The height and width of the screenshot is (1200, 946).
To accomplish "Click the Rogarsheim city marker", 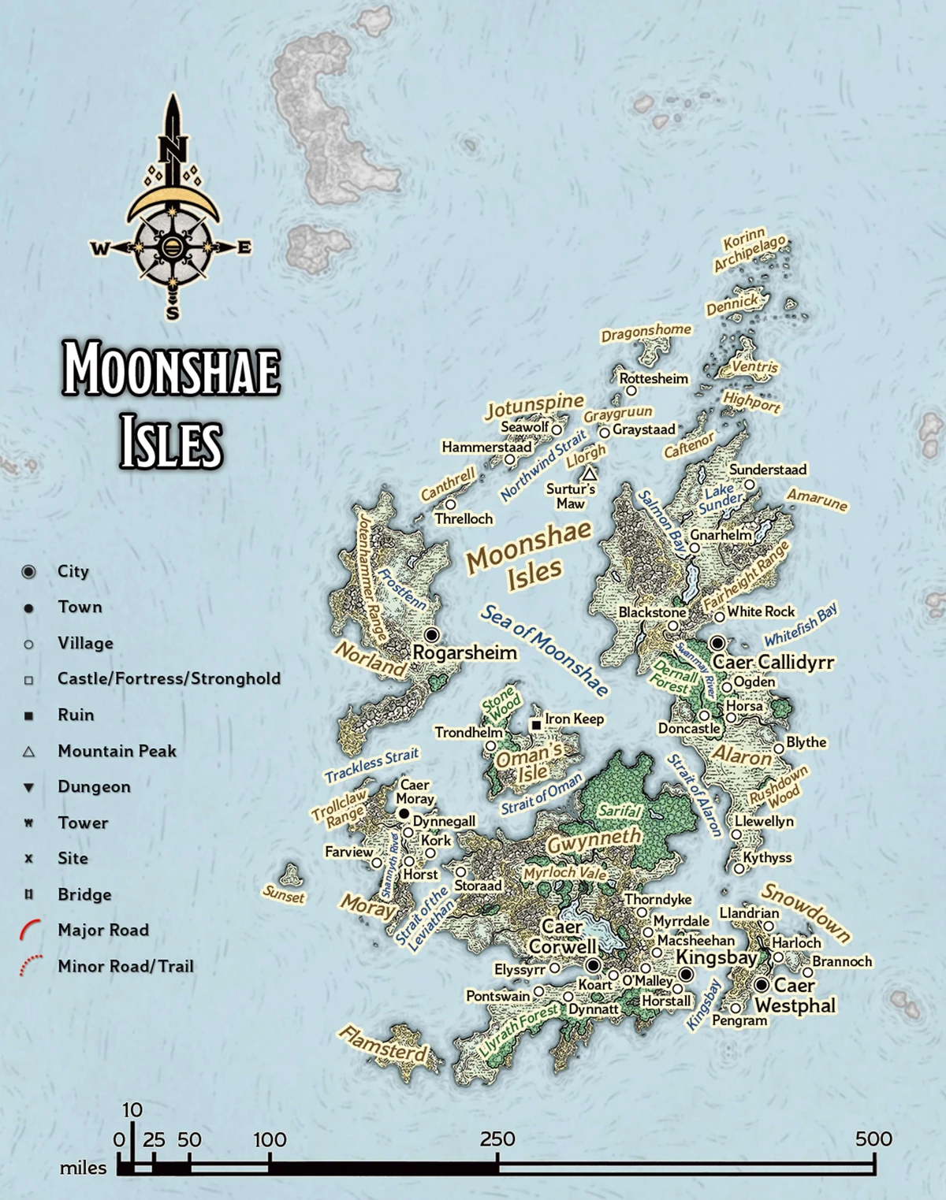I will tap(431, 635).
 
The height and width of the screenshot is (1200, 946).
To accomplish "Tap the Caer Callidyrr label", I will tap(773, 663).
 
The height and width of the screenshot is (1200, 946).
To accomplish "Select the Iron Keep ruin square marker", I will tap(536, 724).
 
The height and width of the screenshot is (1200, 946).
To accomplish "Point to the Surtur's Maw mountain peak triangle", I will tap(589, 474).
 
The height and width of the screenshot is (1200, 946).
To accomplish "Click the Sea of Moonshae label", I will tap(545, 650).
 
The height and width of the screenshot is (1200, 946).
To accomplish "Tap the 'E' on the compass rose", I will tap(244, 247).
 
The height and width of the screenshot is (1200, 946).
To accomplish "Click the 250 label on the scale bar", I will tap(497, 1139).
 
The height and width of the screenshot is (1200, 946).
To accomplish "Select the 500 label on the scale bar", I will tap(873, 1139).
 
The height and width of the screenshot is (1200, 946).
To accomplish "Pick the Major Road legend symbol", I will tap(30, 930).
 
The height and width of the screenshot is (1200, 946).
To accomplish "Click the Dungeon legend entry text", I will tap(94, 786).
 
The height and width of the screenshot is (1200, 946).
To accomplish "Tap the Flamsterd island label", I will tap(383, 1044).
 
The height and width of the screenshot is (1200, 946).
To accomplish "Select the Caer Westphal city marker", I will tap(762, 985).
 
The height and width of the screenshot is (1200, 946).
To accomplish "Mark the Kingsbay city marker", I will tap(686, 975).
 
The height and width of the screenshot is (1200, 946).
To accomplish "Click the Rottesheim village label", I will tap(654, 379).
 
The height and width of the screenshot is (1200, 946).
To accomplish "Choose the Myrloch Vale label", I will tap(565, 874).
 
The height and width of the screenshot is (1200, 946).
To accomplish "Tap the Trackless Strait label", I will tap(371, 764).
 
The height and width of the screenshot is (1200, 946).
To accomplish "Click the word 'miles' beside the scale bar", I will tap(83, 1168).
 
